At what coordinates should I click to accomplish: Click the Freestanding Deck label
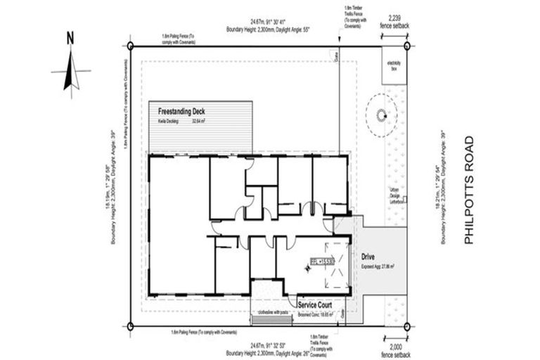point(181,111)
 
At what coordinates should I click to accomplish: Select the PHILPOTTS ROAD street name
point(470,190)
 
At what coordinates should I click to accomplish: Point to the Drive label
point(370,258)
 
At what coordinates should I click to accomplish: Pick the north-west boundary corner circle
point(131,46)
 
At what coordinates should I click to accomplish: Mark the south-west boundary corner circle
point(131,326)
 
